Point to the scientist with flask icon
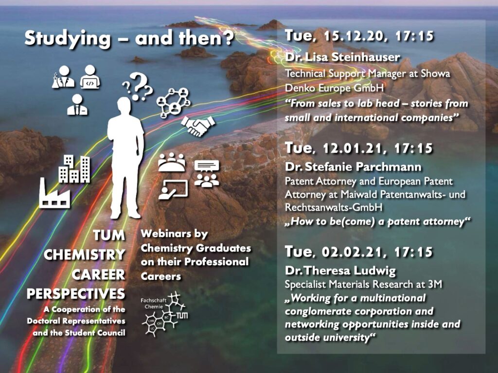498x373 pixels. (x=63, y=77)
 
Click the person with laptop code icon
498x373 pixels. (x=90, y=77)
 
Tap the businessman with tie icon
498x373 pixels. (x=77, y=105)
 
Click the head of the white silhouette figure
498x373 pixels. (x=124, y=105)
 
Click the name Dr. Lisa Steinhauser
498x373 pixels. (x=342, y=57)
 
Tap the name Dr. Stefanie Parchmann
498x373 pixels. (x=353, y=167)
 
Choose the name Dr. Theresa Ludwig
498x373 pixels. (x=340, y=271)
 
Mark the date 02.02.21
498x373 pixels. (x=352, y=252)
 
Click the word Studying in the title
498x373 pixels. (x=68, y=39)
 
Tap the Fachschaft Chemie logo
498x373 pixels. (x=164, y=315)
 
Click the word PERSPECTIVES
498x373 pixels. (x=76, y=294)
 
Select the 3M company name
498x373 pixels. (x=435, y=284)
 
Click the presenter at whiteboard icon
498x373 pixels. (x=174, y=190)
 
